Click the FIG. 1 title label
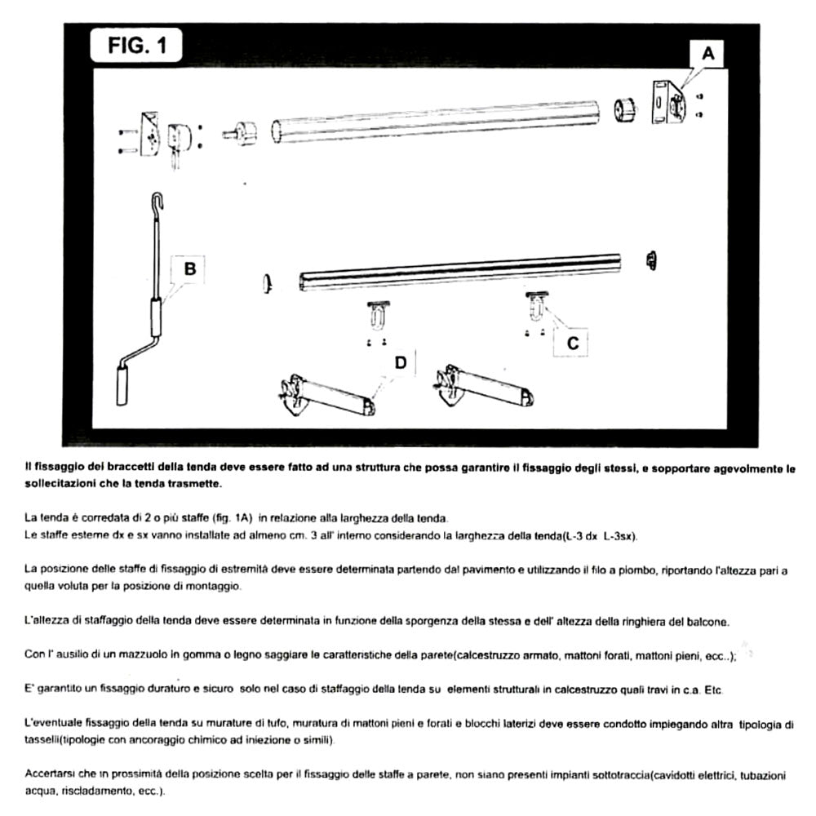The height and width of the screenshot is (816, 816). coord(136,47)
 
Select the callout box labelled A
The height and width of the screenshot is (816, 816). coord(707,54)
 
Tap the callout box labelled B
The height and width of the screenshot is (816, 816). coord(189,268)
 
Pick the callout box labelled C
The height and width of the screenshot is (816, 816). coord(572,344)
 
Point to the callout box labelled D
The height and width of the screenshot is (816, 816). coord(400,362)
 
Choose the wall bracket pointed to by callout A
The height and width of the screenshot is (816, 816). coord(667,103)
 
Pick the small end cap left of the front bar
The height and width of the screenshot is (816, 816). coord(266,282)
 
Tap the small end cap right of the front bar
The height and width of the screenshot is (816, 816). coord(652,259)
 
